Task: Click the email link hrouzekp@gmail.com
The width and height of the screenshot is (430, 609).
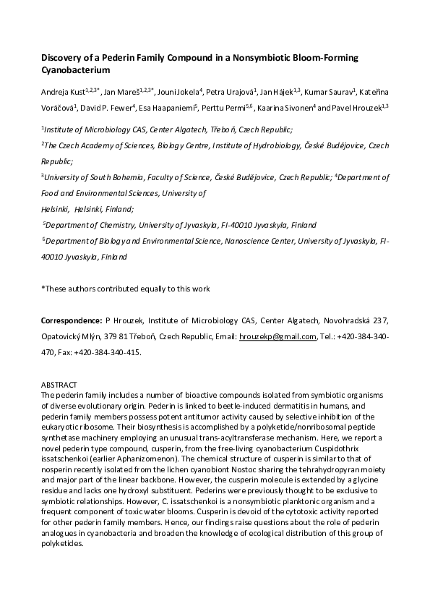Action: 278,336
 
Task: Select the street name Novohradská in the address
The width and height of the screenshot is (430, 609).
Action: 319,320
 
